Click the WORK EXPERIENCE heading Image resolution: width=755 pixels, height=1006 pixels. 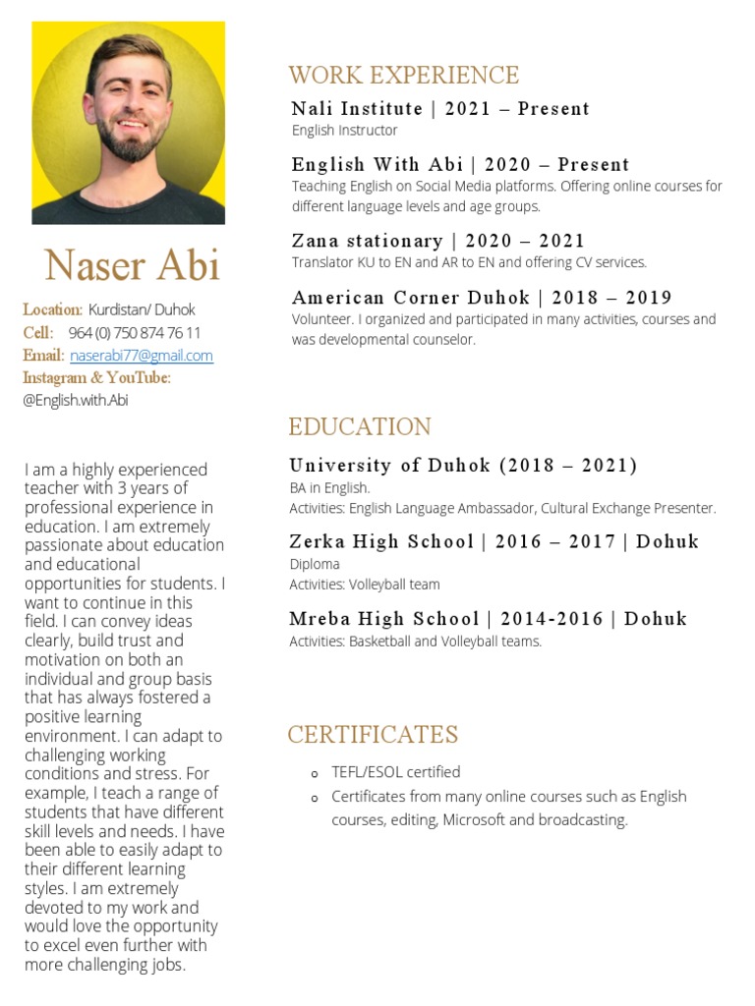click(403, 76)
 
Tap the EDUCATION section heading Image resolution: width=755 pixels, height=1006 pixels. click(360, 427)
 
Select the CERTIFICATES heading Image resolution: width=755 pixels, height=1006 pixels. click(373, 735)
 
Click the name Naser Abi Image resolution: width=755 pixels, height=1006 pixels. click(132, 265)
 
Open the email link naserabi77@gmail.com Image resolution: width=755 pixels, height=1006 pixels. click(142, 356)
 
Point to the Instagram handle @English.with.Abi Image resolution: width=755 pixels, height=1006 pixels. click(76, 400)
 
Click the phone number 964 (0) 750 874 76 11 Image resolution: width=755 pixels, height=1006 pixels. click(135, 333)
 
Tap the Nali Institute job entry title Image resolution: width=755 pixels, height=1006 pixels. click(440, 109)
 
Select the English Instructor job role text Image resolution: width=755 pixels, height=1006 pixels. click(344, 131)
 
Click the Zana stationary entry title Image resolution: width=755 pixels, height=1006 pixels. click(437, 241)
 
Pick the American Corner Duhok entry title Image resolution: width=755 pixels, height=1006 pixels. click(482, 298)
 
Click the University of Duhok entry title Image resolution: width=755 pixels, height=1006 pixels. click(463, 466)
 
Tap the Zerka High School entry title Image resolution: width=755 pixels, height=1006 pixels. click(494, 541)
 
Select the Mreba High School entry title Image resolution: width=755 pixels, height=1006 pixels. click(488, 619)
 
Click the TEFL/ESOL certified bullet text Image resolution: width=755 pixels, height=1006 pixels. click(395, 772)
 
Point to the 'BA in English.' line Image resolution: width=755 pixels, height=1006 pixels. click(329, 488)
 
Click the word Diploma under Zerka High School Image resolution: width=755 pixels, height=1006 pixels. click(315, 564)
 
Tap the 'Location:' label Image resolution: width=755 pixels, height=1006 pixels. click(52, 309)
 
